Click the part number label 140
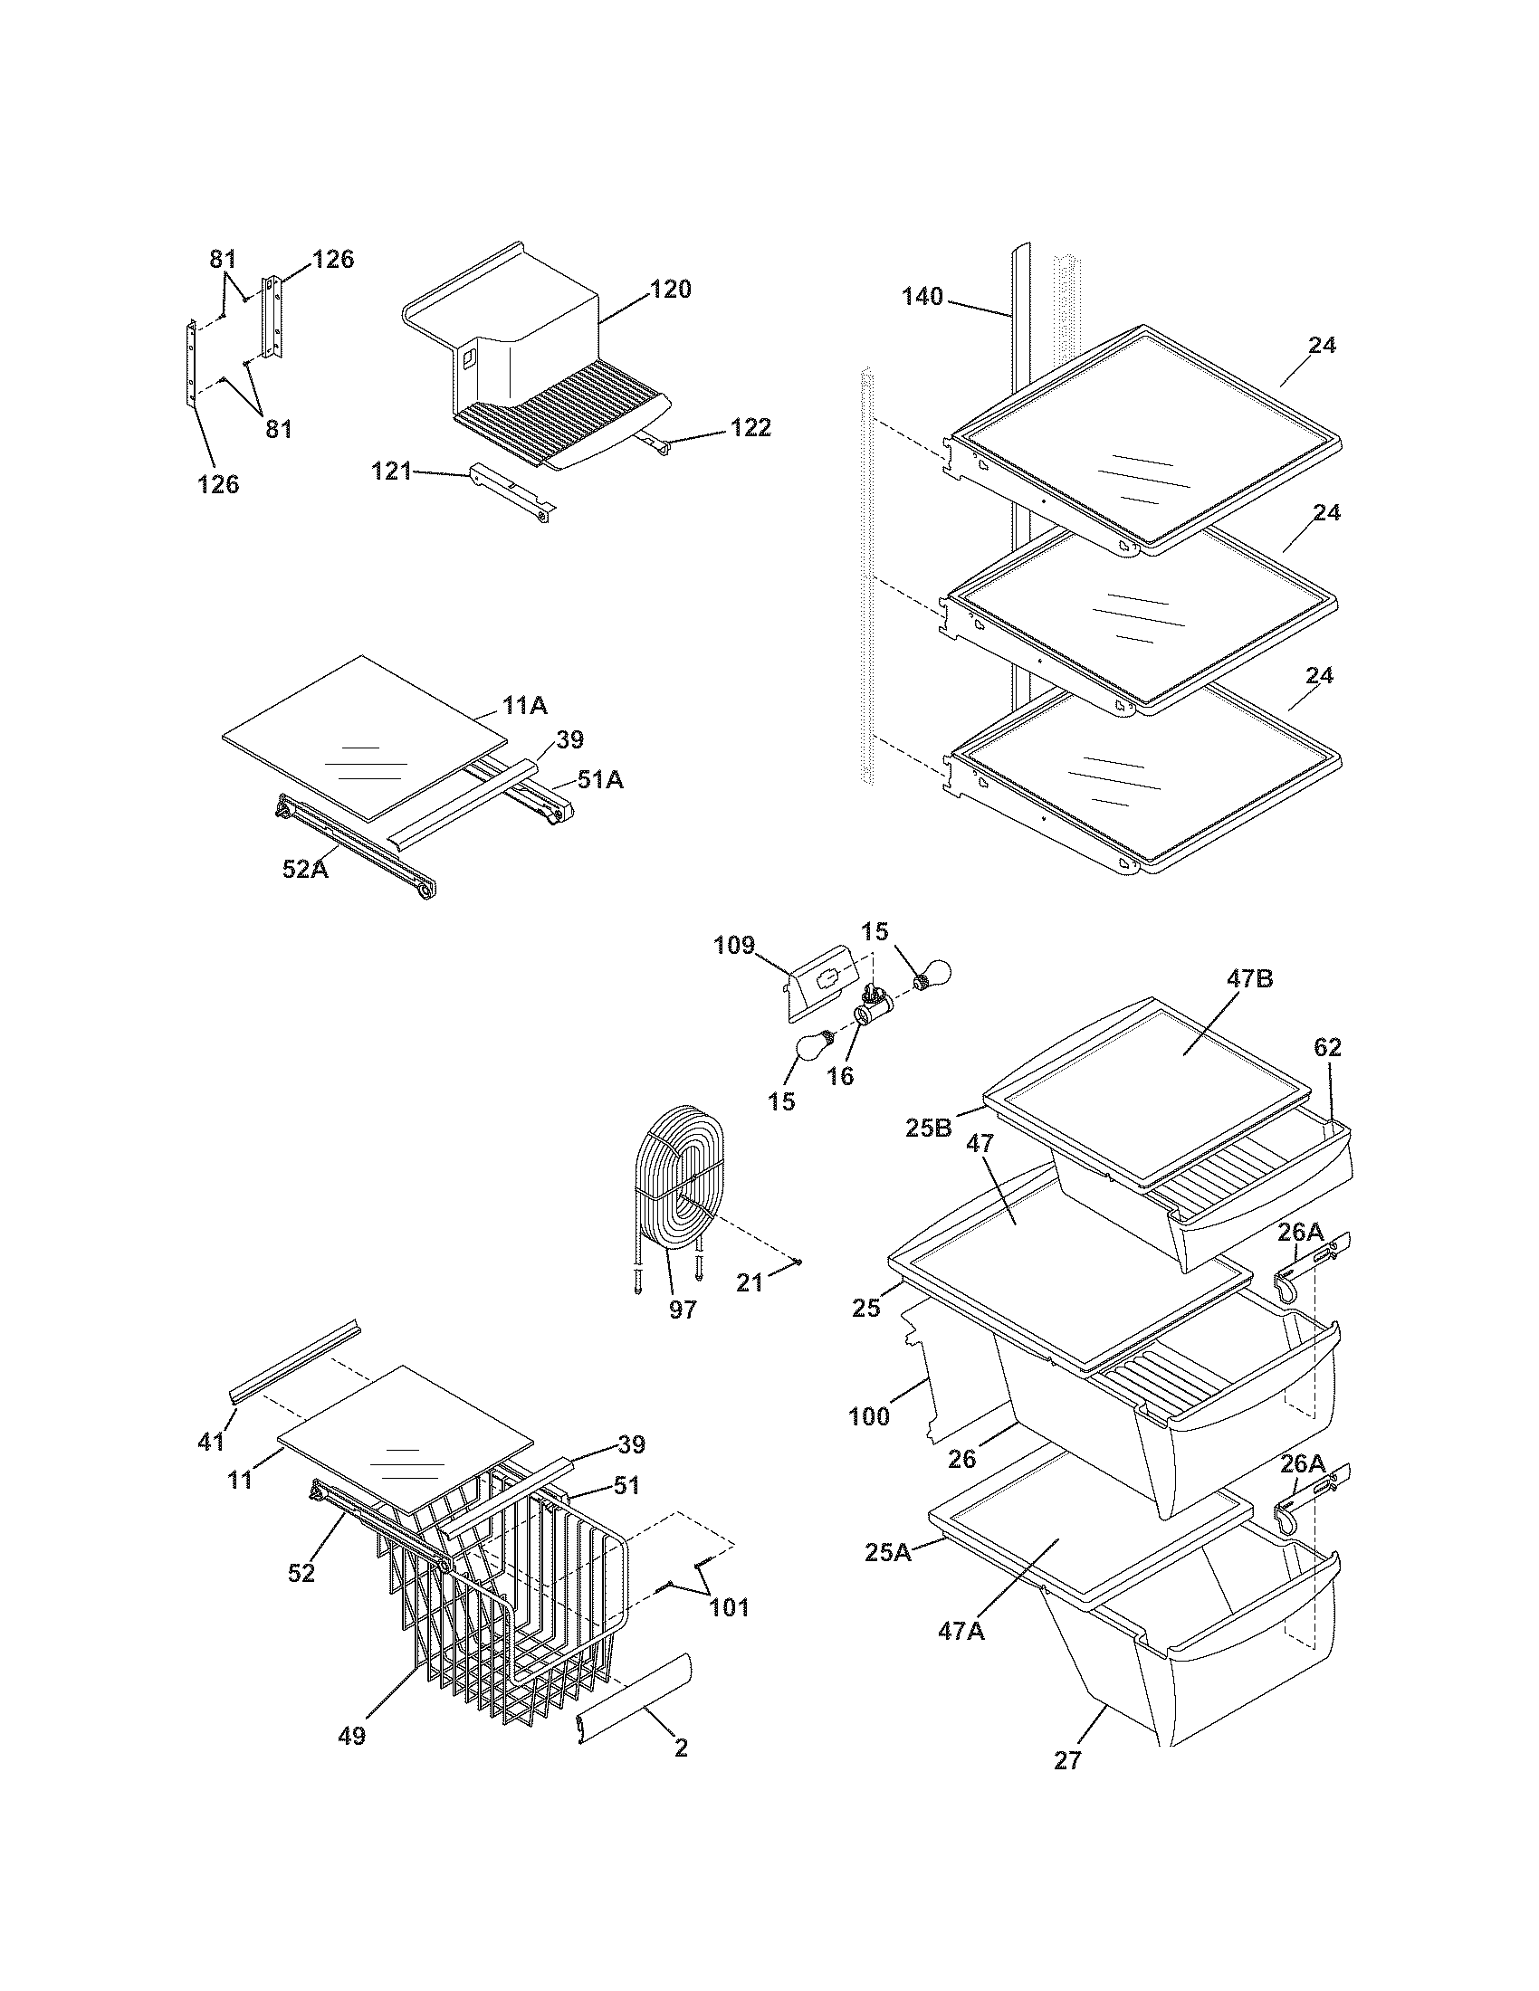point(922,296)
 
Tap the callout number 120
point(670,290)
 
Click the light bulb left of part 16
point(809,1047)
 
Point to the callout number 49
point(352,1736)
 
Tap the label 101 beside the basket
point(730,1632)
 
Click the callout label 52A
point(304,870)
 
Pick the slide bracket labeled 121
point(511,492)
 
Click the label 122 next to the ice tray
point(750,427)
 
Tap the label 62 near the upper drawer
point(1327,1048)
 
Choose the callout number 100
point(868,1416)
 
